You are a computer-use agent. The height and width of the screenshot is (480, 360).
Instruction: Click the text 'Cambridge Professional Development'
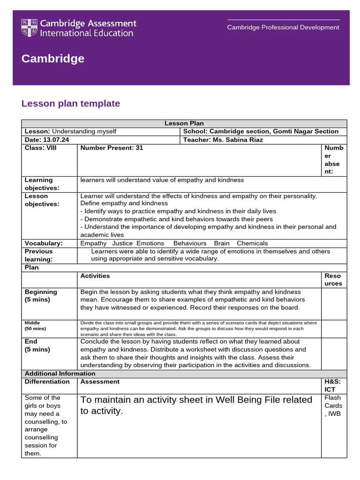[x=283, y=27]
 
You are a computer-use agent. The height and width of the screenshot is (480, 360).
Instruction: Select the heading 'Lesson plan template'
[x=71, y=104]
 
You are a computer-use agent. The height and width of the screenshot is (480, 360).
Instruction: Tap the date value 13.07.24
[x=55, y=140]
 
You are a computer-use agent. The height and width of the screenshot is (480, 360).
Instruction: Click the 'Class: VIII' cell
[x=40, y=148]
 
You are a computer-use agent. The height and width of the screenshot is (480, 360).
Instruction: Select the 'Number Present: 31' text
[x=112, y=148]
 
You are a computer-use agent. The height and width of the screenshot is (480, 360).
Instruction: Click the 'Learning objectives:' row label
[x=42, y=184]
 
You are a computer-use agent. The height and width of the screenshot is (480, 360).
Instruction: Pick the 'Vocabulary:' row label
[x=44, y=243]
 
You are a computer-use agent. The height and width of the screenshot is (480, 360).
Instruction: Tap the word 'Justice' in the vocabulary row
[x=123, y=243]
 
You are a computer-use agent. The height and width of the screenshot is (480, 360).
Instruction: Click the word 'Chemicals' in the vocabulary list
[x=252, y=243]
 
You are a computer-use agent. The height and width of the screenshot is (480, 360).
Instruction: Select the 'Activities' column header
[x=95, y=276]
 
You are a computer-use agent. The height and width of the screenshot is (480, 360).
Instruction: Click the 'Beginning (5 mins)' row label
[x=41, y=295]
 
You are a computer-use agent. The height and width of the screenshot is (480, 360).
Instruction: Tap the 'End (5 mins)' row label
[x=37, y=345]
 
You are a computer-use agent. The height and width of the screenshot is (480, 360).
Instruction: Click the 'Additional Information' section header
[x=60, y=374]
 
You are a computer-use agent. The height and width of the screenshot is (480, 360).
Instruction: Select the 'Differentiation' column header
[x=47, y=382]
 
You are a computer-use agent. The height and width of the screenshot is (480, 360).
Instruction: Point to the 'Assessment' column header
[x=100, y=382]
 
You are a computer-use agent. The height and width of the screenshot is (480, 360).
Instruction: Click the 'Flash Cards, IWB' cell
[x=333, y=405]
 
